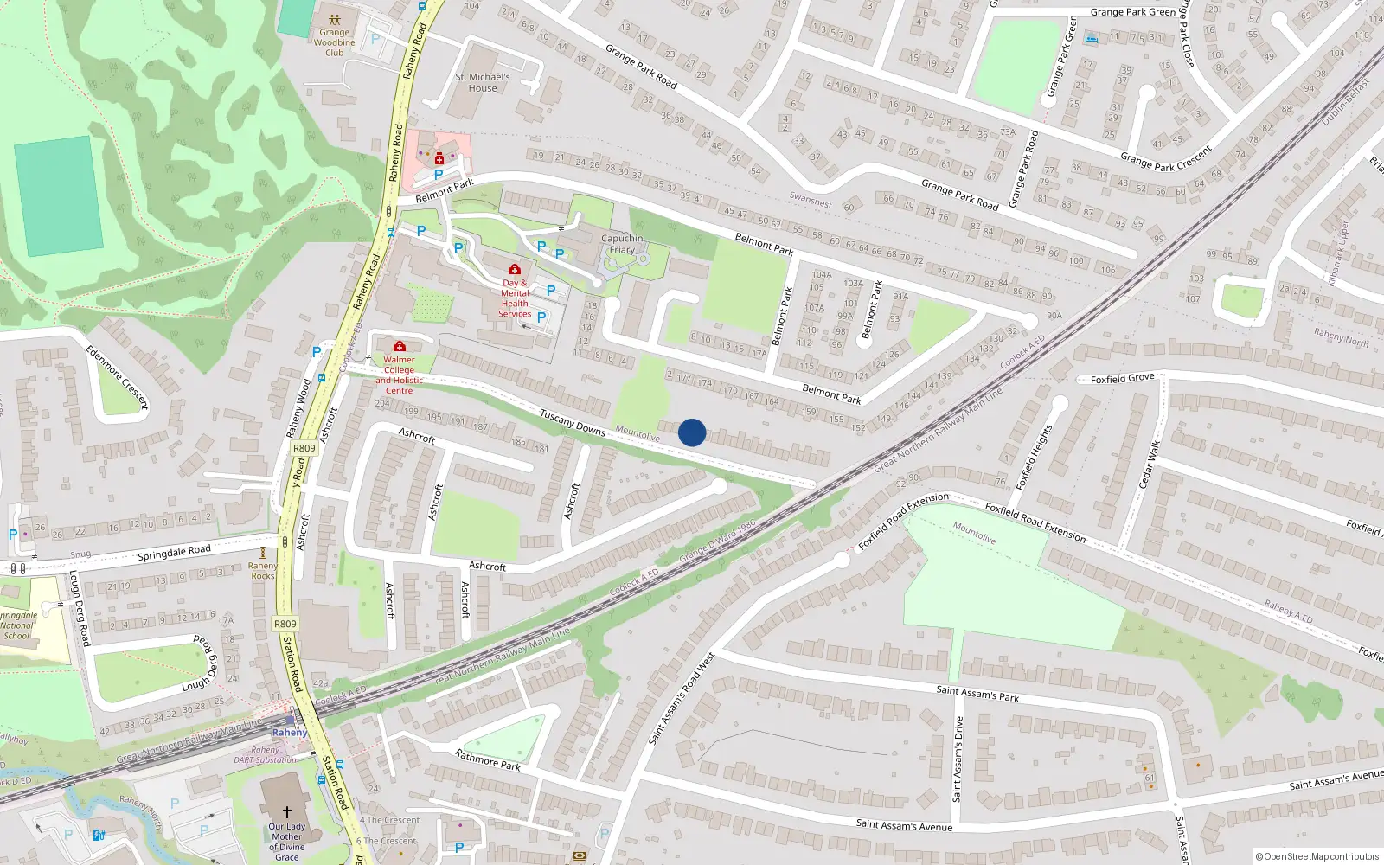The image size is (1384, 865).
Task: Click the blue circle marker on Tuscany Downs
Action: pos(692,432)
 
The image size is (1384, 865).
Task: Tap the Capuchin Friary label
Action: pos(622,244)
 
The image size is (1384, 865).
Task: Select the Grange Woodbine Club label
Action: pos(335,42)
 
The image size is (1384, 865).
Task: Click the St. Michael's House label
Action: pos(483,82)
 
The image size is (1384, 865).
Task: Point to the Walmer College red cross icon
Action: pos(399,347)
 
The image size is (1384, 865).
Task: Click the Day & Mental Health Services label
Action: pos(515,298)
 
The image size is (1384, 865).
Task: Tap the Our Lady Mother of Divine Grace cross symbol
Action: pos(287,812)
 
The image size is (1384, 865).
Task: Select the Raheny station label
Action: pos(289,733)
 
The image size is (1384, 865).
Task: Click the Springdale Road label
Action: pos(174,553)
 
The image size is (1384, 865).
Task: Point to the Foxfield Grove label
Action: pos(1122,379)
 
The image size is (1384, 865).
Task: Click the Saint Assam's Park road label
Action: pos(977,693)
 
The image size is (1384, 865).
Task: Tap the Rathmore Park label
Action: pos(488,760)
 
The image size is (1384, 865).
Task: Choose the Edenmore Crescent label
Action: pos(117,377)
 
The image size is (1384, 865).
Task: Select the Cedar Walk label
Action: pos(1150,465)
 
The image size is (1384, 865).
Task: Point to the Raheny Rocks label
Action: pos(262,571)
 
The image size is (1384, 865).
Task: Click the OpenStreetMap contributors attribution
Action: pos(1317,856)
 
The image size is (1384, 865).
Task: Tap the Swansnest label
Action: pos(811,200)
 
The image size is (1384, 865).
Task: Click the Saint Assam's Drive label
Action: pos(958,759)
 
